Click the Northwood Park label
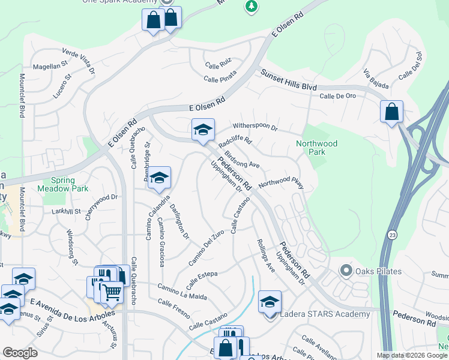316,148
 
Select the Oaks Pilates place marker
346,271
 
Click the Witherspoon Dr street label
255,127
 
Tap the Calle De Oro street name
337,96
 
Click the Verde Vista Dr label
79,61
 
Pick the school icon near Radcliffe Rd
203,130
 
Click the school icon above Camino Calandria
160,178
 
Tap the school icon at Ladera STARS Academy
270,301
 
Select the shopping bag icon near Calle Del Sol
391,112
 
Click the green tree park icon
252,7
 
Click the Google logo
20,353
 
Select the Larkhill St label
66,211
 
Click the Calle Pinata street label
220,76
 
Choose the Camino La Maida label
182,291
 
